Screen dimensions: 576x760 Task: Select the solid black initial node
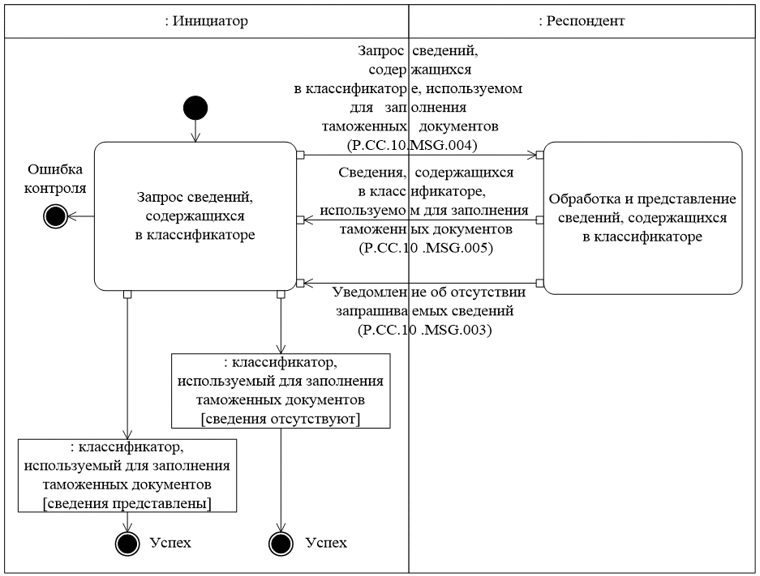[x=195, y=107]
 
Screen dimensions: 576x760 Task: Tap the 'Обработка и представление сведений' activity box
[x=642, y=217]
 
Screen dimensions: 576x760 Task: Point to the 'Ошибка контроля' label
[x=58, y=179]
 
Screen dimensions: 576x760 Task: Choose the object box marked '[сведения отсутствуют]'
[x=281, y=390]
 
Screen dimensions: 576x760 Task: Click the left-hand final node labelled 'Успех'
[x=127, y=543]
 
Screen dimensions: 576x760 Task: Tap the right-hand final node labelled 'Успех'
[x=281, y=543]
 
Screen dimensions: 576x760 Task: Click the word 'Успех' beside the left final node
[x=170, y=542]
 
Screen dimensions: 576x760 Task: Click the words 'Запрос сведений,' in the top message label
[x=418, y=51]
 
